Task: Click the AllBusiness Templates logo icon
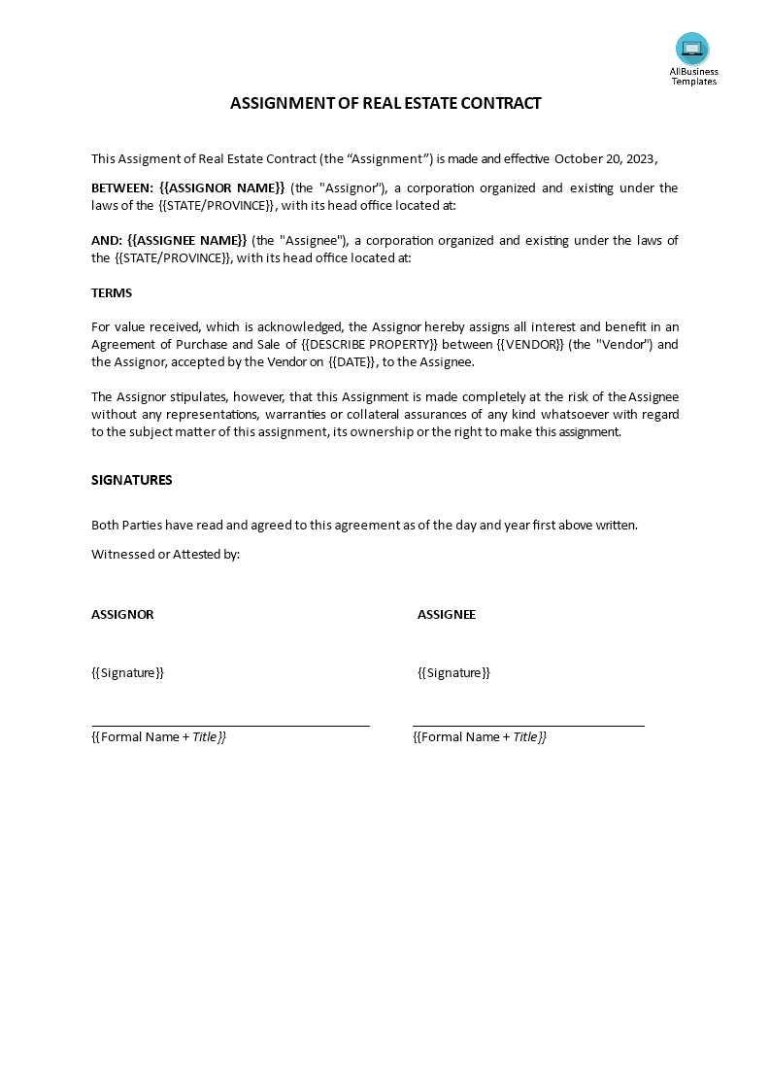click(692, 48)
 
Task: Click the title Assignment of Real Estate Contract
click(385, 103)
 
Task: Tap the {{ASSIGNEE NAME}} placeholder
click(187, 240)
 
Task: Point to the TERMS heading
click(112, 292)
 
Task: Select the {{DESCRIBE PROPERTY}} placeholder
click(369, 344)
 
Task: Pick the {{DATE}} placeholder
click(351, 361)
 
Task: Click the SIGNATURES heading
click(132, 480)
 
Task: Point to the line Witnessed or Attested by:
click(165, 554)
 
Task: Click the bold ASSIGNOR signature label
click(122, 614)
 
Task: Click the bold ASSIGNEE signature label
click(447, 614)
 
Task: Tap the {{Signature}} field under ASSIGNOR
click(127, 672)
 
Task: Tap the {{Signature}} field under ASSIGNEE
click(453, 672)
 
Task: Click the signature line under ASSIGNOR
click(230, 725)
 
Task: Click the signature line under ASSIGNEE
click(528, 725)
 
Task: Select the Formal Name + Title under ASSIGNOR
click(158, 736)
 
